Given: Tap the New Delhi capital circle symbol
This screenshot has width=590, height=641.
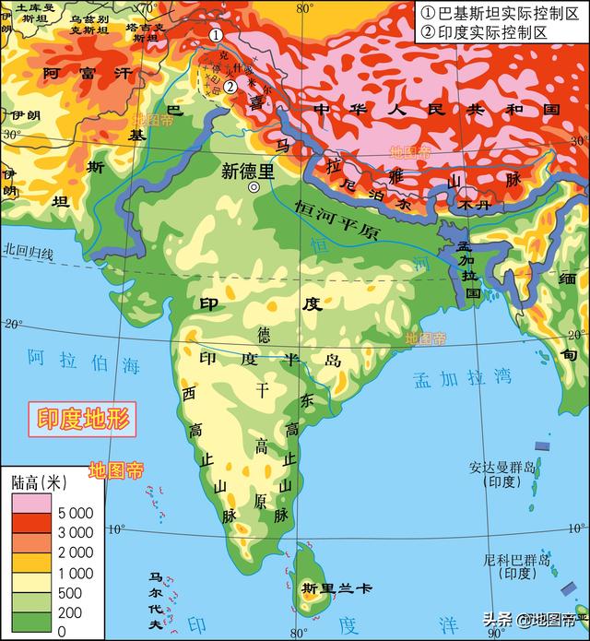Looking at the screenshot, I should [254, 187].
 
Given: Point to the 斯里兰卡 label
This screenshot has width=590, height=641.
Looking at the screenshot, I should [324, 588].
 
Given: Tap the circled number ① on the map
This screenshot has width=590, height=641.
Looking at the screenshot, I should [215, 35].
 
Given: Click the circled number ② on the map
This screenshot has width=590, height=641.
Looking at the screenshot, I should [230, 86].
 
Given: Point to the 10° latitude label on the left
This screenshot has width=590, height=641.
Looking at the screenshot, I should [115, 528].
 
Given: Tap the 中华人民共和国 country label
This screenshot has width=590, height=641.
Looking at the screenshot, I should [436, 110].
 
